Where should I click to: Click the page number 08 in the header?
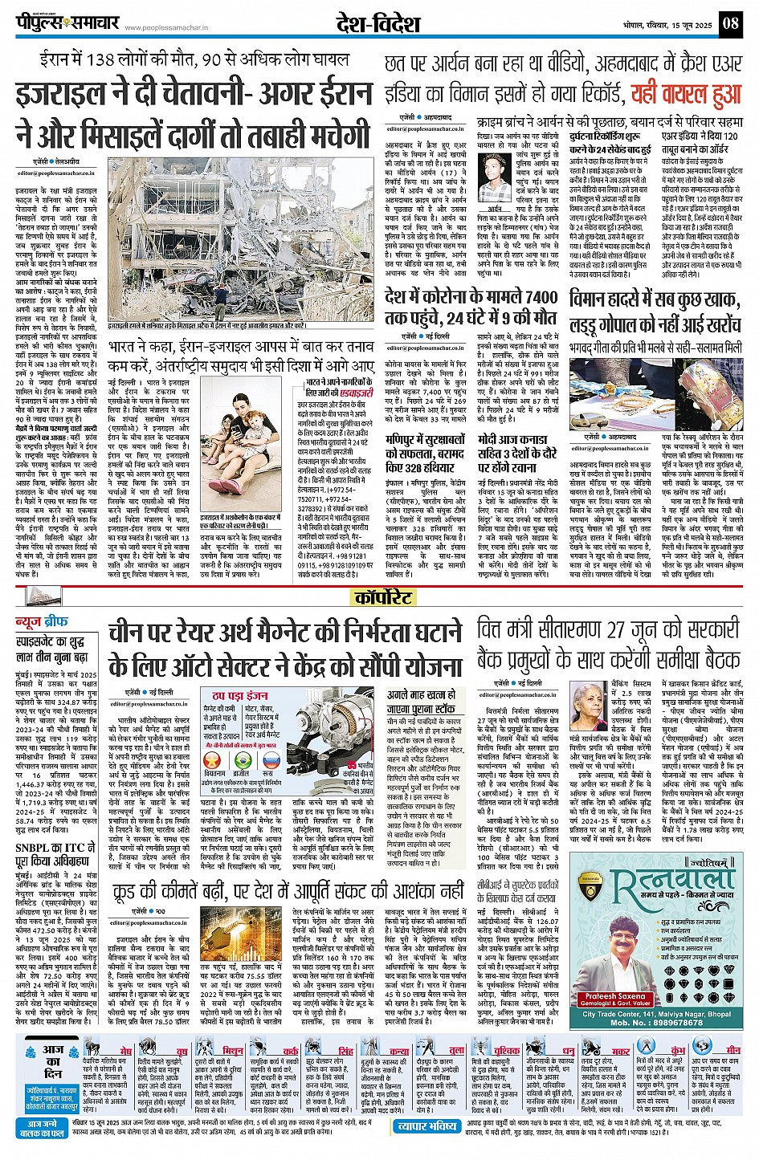click(x=729, y=23)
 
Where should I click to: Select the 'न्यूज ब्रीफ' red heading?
click(x=47, y=622)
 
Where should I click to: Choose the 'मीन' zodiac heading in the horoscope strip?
click(x=732, y=1050)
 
